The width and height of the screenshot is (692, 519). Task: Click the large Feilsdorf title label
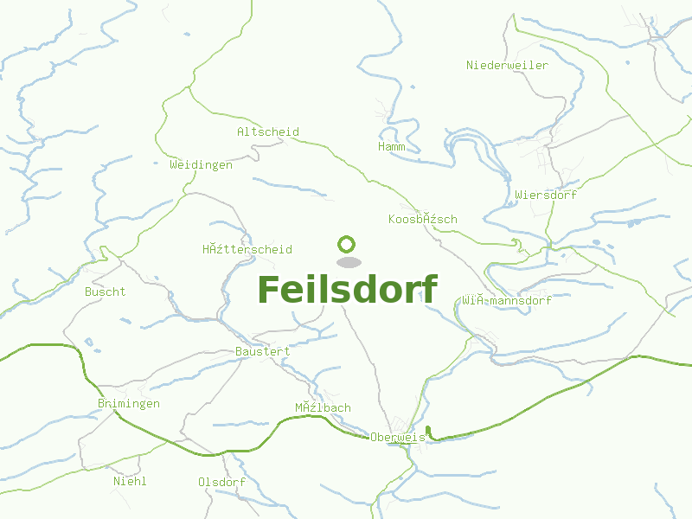pyautogui.click(x=347, y=290)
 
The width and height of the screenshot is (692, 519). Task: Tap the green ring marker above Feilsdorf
pyautogui.click(x=347, y=245)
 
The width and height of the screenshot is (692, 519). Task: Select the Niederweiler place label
pyautogui.click(x=507, y=66)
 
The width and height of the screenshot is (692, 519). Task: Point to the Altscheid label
pyautogui.click(x=268, y=132)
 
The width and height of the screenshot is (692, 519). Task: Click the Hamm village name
pyautogui.click(x=392, y=147)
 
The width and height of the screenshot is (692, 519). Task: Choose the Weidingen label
pyautogui.click(x=201, y=164)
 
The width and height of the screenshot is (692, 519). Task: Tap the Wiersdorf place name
pyautogui.click(x=545, y=195)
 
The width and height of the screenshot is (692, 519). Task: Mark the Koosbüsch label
pyautogui.click(x=422, y=219)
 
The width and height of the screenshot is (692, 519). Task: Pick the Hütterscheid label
pyautogui.click(x=247, y=250)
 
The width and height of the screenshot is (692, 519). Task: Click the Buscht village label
pyautogui.click(x=105, y=292)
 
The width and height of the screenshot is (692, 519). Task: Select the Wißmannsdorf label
pyautogui.click(x=506, y=301)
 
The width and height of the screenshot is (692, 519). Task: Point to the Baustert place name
pyautogui.click(x=263, y=352)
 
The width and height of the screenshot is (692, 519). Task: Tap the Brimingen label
pyautogui.click(x=129, y=404)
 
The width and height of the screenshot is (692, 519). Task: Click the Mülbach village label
pyautogui.click(x=323, y=407)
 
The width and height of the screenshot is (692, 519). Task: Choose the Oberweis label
pyautogui.click(x=397, y=438)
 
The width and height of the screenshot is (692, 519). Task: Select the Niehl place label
pyautogui.click(x=130, y=481)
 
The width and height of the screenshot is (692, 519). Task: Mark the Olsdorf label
pyautogui.click(x=221, y=482)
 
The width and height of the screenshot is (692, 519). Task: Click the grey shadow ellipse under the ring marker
pyautogui.click(x=348, y=262)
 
